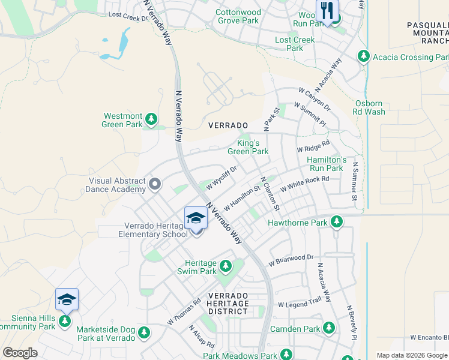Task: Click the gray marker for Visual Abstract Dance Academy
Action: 155,184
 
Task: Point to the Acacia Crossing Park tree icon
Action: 363,57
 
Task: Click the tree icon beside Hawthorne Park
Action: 337,223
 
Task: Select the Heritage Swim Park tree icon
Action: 226,265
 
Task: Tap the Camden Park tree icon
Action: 328,328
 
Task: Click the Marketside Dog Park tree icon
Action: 143,332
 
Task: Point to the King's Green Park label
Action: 248,148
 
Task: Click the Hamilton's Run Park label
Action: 327,164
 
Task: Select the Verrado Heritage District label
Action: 228,304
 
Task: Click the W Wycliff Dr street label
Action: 221,178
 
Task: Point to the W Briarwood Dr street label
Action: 291,260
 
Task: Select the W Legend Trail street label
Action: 300,305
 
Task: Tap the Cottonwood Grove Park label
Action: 238,16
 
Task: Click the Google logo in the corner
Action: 20,353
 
